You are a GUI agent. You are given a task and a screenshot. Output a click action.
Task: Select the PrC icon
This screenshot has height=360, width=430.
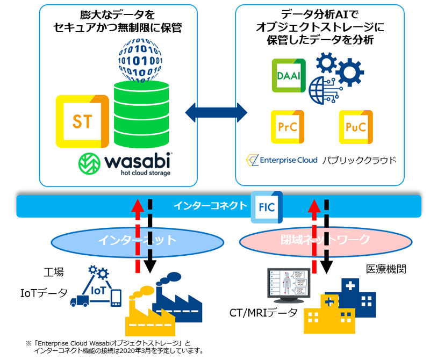[x=287, y=127]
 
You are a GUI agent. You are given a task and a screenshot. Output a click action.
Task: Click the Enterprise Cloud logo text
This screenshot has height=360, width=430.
[x=282, y=160]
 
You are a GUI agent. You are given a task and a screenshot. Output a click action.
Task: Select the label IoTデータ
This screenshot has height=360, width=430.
[x=44, y=293]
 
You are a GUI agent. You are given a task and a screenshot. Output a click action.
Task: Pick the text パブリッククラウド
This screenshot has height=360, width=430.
[x=359, y=160]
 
